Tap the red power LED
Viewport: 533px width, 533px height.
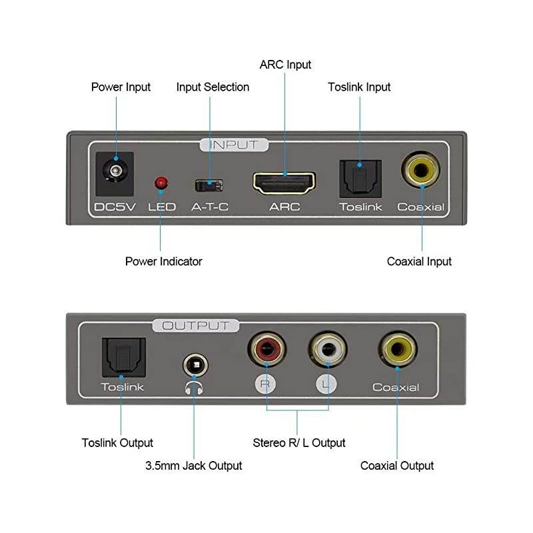(x=161, y=182)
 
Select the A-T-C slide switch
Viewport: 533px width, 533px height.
(x=209, y=183)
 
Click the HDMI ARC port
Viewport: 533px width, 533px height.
(x=284, y=181)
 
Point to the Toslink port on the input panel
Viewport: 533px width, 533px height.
(x=360, y=177)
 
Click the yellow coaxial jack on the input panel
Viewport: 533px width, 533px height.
(x=421, y=171)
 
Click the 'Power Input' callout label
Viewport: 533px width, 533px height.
(x=121, y=87)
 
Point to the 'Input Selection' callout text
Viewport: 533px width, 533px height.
(x=213, y=87)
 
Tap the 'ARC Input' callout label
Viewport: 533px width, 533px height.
(x=285, y=65)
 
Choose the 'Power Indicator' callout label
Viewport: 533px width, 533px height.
(x=163, y=261)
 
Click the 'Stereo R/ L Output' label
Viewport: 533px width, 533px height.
(x=299, y=442)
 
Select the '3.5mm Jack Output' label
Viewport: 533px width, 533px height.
(x=193, y=465)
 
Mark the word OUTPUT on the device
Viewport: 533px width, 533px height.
(x=195, y=326)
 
